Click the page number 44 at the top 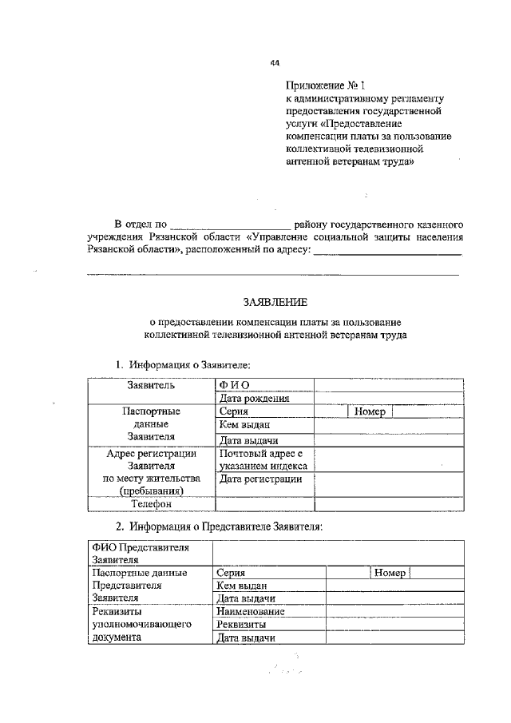[x=275, y=63]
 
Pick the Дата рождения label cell [x=264, y=399]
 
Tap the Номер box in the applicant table [x=371, y=411]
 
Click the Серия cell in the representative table [x=269, y=573]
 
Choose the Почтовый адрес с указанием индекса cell [x=264, y=459]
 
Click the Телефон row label [x=151, y=504]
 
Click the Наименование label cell [x=269, y=611]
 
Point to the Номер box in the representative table [x=390, y=573]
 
